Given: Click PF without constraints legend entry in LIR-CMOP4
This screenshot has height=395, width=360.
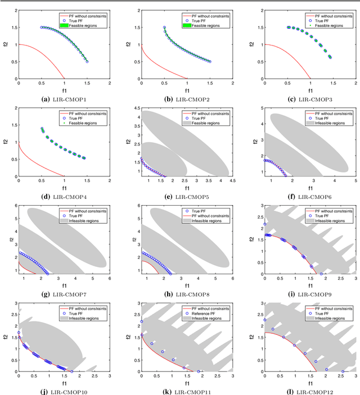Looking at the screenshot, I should (85, 113).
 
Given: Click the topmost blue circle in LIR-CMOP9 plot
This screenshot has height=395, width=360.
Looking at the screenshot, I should (264, 224).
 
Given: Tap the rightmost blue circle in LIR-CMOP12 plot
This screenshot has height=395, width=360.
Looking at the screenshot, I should (343, 371).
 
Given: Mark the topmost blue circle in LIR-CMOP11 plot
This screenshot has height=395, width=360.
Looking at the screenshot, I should (141, 321).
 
